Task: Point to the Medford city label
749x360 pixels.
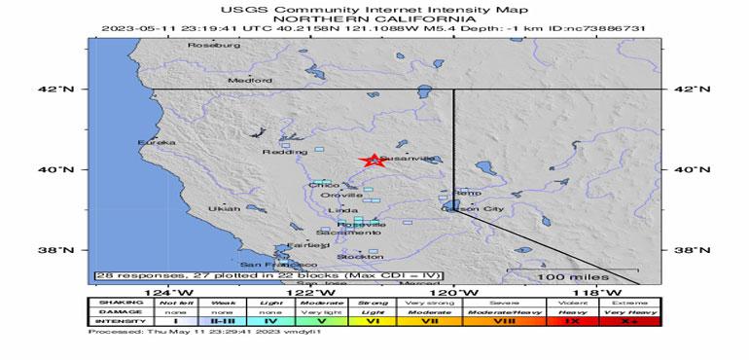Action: click(244, 81)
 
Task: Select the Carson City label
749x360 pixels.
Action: click(473, 209)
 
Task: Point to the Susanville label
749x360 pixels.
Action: click(401, 158)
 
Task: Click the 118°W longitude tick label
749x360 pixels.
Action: click(590, 293)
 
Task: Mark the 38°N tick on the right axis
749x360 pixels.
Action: click(687, 250)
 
